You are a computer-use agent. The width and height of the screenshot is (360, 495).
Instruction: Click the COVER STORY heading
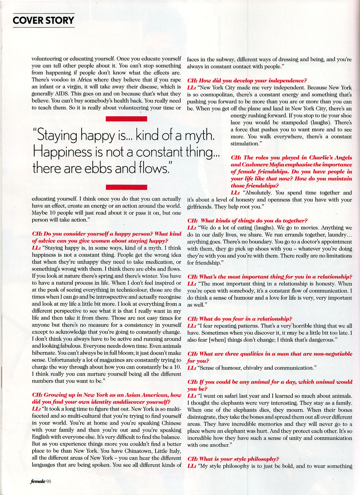(44, 20)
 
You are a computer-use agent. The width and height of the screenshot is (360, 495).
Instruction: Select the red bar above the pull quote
(126, 119)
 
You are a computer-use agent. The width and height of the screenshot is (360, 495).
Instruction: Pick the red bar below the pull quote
(126, 187)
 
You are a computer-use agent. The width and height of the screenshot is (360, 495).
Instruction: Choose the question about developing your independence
(247, 80)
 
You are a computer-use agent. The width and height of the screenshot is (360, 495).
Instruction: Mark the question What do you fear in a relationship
(239, 319)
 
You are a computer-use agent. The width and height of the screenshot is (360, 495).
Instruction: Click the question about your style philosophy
(233, 459)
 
